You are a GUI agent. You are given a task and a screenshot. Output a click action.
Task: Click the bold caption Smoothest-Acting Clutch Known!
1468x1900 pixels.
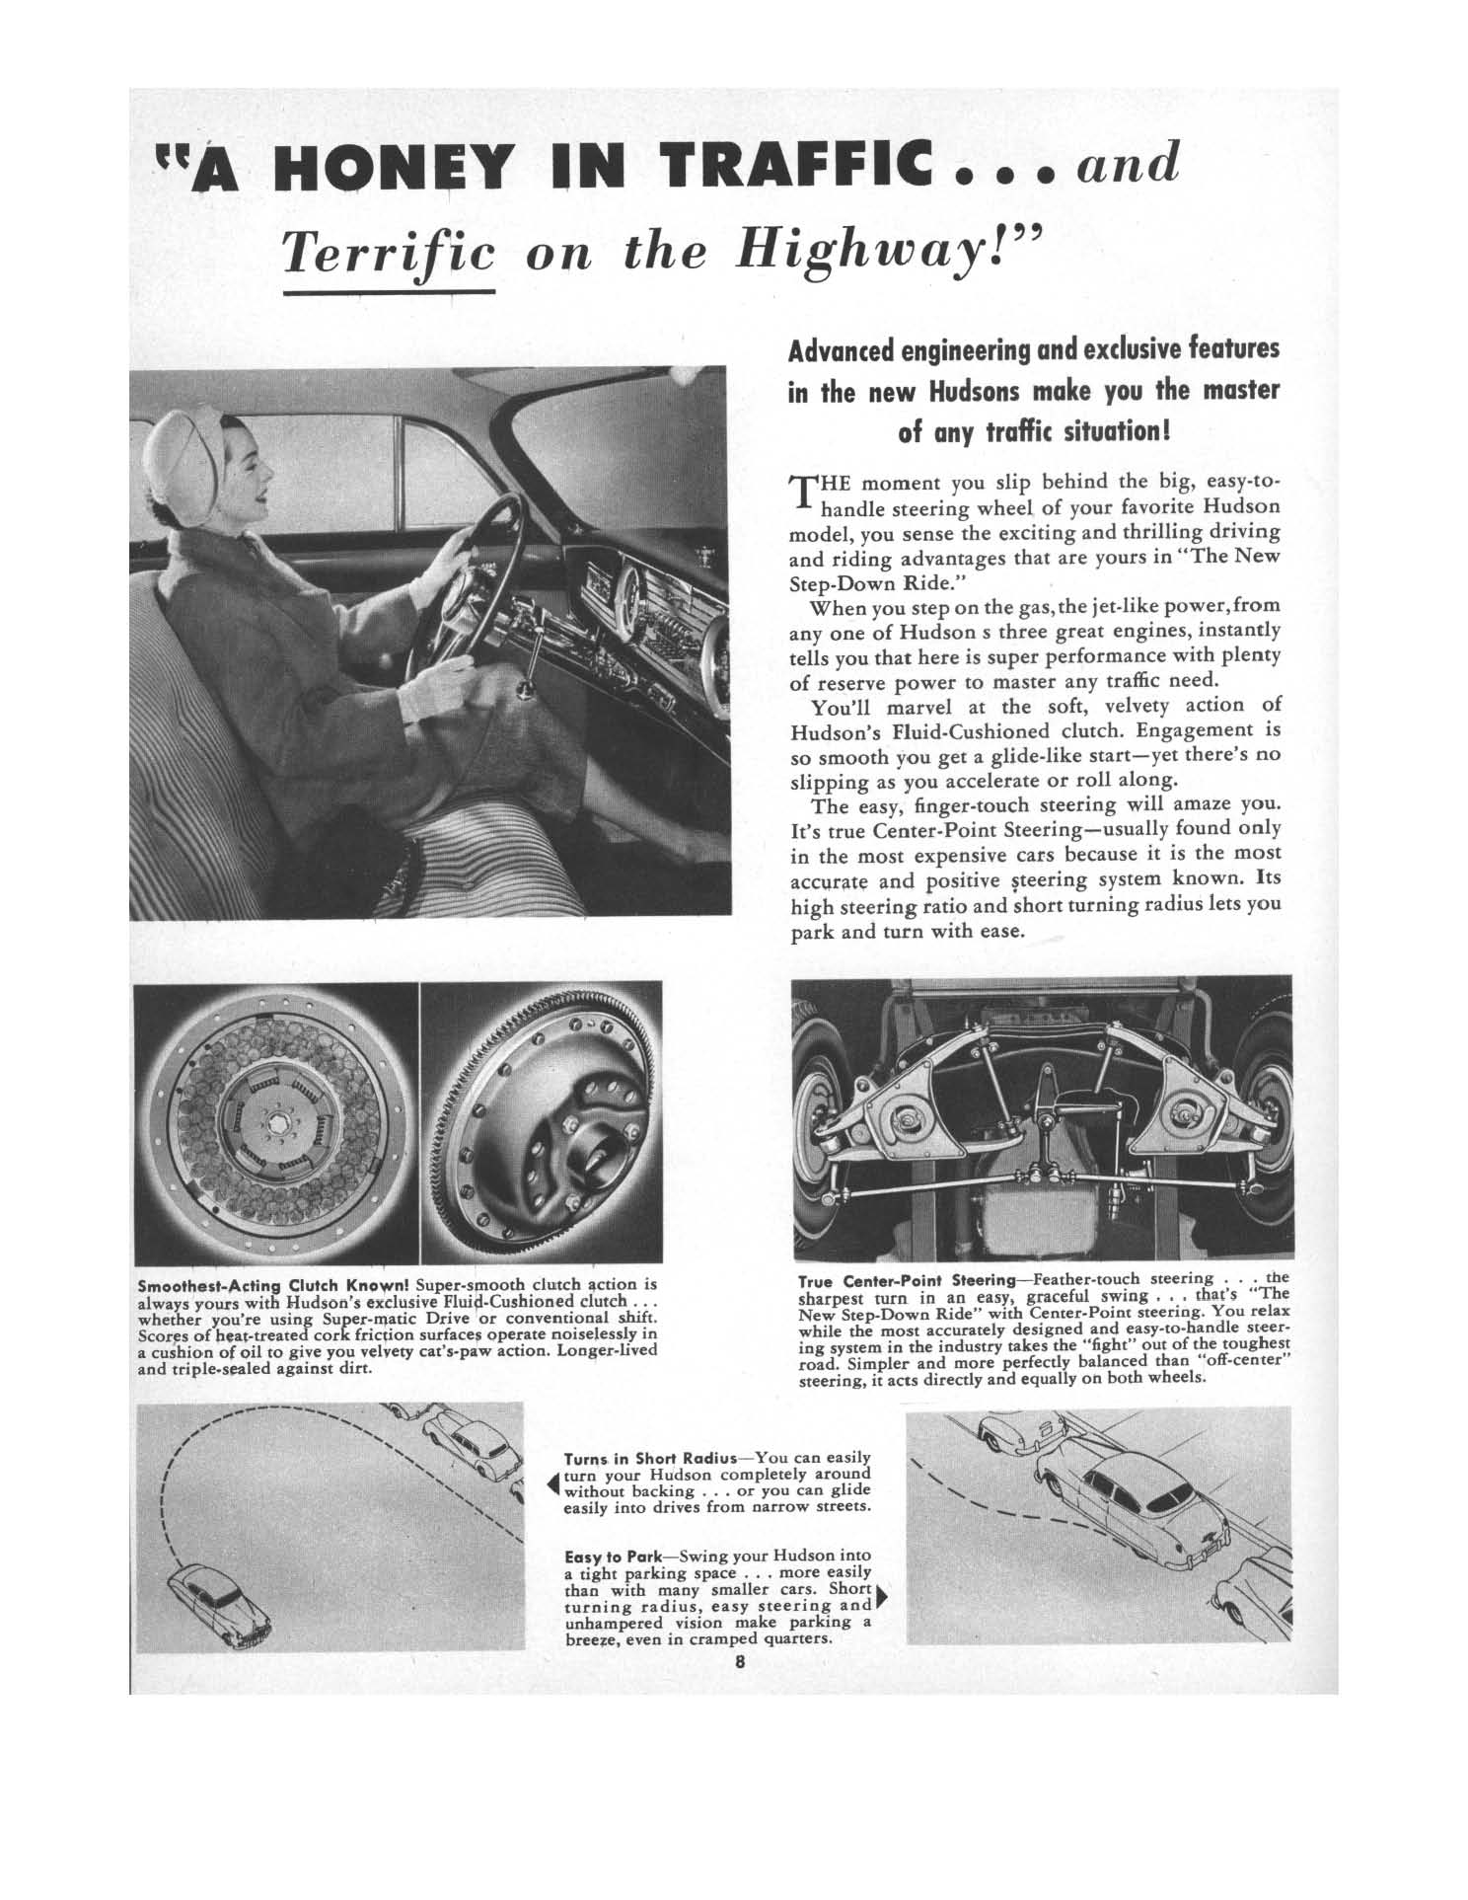(x=273, y=1286)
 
